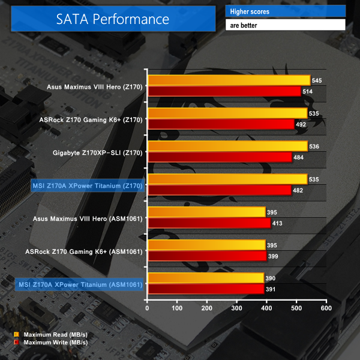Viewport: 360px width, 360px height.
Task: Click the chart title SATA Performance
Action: tap(113, 19)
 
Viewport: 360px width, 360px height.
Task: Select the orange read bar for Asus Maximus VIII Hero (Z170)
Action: tap(229, 80)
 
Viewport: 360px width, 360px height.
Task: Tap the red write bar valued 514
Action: tap(224, 91)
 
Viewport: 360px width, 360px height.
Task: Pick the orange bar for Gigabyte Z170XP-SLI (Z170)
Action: tap(227, 146)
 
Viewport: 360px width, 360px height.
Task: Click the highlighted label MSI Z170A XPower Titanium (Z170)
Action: tap(86, 186)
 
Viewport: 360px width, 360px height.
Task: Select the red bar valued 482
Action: tap(219, 190)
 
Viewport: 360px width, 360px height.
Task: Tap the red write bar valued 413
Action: tap(209, 223)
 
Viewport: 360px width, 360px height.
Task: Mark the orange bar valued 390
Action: tap(205, 278)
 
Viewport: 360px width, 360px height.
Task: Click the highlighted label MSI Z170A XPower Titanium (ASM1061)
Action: tap(80, 284)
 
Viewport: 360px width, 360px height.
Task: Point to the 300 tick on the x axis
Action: tap(236, 308)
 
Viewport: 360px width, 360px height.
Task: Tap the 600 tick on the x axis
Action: tap(325, 308)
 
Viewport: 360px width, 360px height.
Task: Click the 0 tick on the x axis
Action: tap(148, 308)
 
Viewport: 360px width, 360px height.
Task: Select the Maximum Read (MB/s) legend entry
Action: tap(51, 334)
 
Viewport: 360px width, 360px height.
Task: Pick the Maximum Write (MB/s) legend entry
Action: tap(51, 343)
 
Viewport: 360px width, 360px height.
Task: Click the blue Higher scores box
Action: tap(285, 11)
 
